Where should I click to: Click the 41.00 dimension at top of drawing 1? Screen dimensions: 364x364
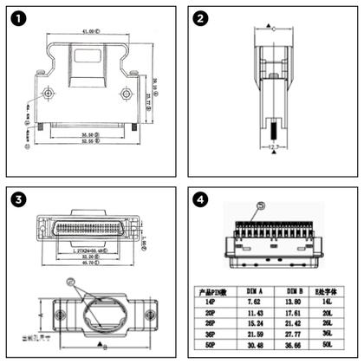coord(88,31)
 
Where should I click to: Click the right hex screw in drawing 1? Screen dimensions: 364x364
coord(127,94)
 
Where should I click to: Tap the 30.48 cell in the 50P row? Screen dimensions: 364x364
coord(256,344)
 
